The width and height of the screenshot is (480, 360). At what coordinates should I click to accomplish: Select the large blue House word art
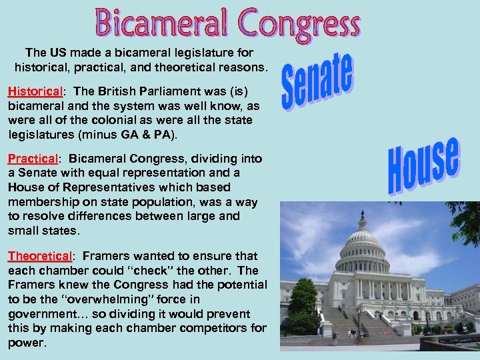click(x=424, y=165)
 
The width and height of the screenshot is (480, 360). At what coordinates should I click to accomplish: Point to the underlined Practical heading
click(x=33, y=159)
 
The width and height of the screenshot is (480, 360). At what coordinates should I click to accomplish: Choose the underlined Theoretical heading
click(x=39, y=256)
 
